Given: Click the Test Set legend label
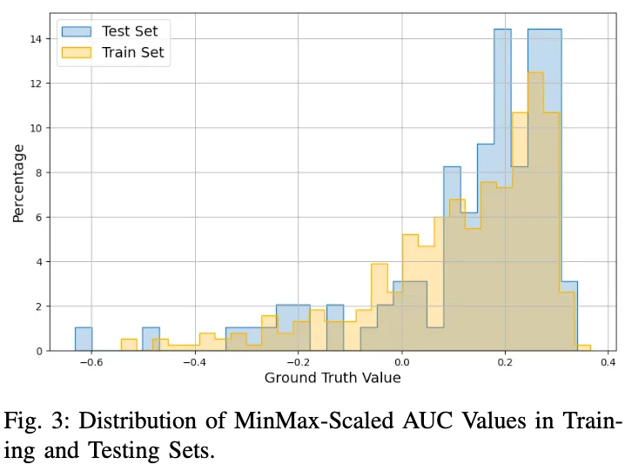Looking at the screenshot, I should tap(129, 31).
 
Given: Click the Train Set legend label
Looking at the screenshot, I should tap(132, 53).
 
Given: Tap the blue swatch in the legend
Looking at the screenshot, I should tap(77, 31).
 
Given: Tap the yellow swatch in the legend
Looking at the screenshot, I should tap(77, 53).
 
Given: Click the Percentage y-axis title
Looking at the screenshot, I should tap(18, 184).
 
